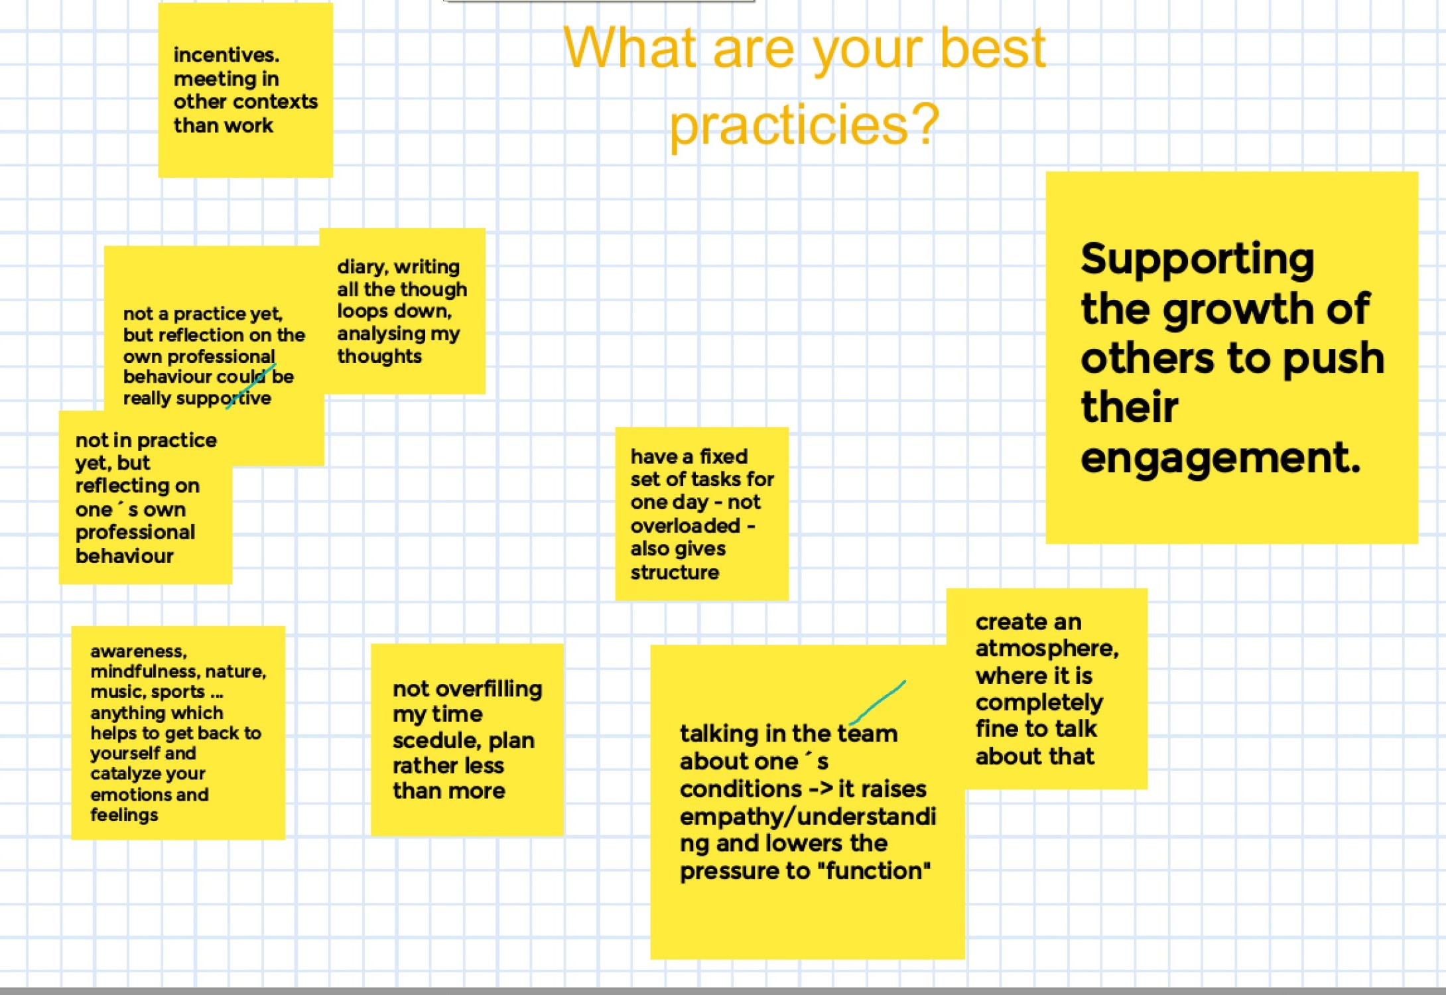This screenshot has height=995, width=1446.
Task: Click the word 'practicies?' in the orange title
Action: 804,124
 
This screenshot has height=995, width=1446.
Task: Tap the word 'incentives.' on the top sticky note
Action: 226,54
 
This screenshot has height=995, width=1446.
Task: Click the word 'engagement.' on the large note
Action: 1220,459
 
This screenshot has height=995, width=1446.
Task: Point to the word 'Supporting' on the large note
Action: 1197,259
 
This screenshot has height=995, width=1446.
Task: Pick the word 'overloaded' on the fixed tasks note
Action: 685,525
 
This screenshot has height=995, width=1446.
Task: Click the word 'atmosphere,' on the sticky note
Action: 1047,648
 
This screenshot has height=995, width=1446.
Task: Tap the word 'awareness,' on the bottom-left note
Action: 139,651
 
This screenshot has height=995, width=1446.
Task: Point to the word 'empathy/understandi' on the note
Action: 808,817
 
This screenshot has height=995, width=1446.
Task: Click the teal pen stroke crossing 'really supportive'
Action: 251,386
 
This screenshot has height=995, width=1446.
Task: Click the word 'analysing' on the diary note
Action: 381,334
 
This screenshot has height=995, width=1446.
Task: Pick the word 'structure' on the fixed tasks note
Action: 675,572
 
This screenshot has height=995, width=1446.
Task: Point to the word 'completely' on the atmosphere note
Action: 1039,703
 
